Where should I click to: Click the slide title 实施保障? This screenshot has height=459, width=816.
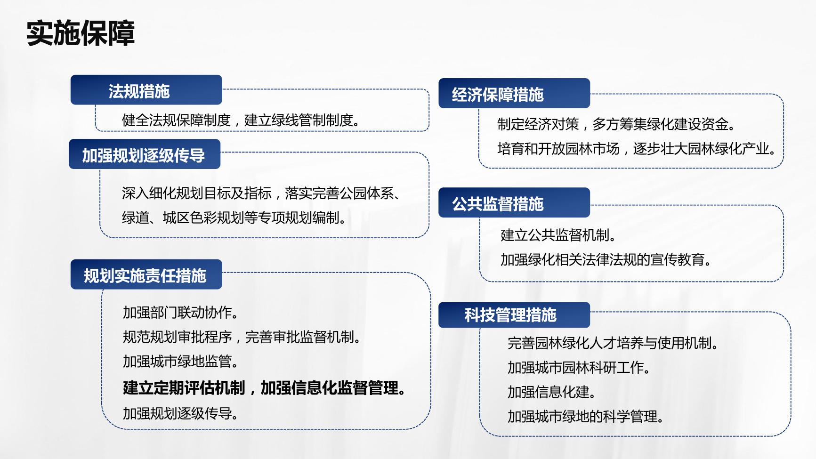(81, 33)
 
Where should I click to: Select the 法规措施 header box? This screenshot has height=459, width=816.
(146, 90)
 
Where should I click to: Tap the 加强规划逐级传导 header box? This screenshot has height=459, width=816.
(145, 154)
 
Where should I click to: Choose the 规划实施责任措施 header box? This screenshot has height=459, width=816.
(146, 274)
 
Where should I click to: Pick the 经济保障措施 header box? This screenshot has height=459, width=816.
(514, 93)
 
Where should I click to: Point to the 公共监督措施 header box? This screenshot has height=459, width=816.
(514, 202)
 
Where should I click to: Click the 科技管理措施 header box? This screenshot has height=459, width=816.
(514, 314)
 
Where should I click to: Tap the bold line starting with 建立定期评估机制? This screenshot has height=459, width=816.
(265, 388)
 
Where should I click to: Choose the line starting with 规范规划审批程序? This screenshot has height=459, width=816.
(242, 337)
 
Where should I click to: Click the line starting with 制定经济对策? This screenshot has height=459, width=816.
(617, 124)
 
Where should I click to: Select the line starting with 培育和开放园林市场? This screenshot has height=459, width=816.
(637, 149)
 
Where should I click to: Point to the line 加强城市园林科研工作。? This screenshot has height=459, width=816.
(579, 367)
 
